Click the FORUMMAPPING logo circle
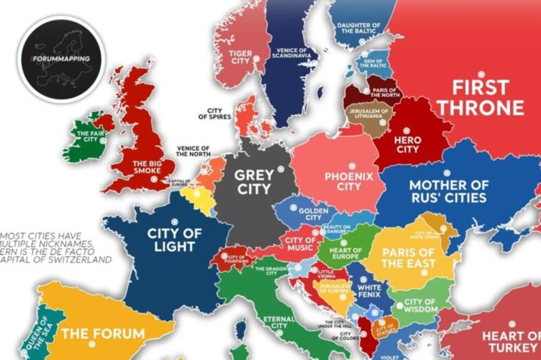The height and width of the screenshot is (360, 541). [61, 58]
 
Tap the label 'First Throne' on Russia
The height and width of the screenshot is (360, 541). [480, 97]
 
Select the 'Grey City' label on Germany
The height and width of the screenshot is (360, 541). [254, 182]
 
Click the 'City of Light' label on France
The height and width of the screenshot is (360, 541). [174, 239]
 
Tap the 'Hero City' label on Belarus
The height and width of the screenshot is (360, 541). [407, 145]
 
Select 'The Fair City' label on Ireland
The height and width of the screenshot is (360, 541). [90, 136]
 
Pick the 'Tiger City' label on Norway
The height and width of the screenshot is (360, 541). [240, 57]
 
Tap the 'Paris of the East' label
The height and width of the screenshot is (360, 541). [408, 258]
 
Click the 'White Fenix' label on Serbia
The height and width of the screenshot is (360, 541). [369, 291]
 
